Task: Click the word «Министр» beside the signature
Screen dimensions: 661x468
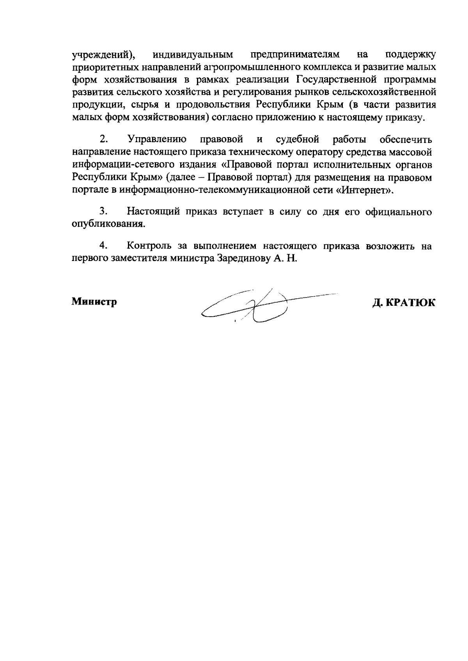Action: click(94, 302)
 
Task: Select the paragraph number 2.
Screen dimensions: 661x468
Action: click(103, 139)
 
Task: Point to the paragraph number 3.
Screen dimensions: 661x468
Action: click(103, 212)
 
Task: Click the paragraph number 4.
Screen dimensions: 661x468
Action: click(103, 246)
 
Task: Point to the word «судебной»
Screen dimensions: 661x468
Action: click(298, 139)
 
